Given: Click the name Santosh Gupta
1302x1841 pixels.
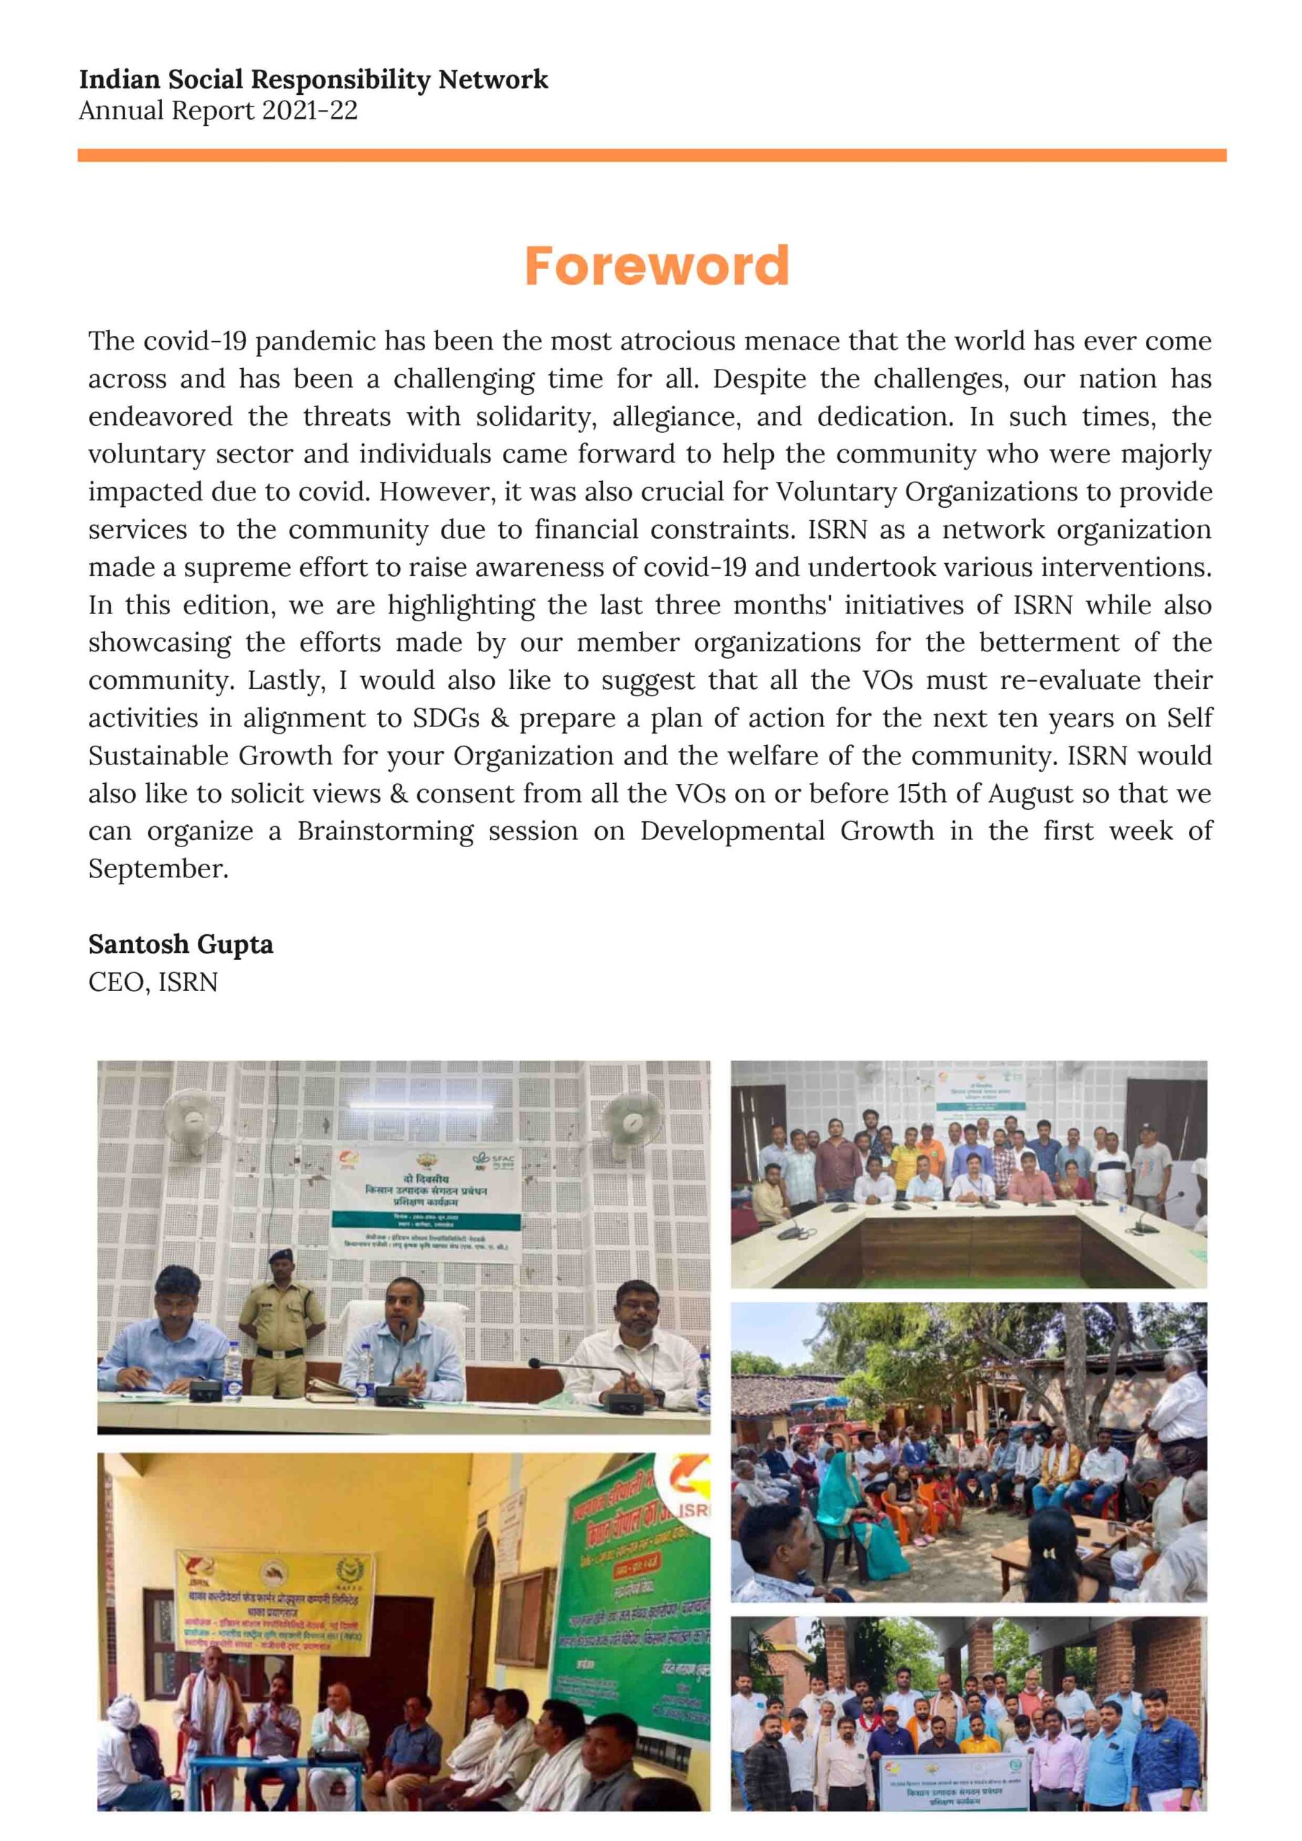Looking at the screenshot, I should click(181, 944).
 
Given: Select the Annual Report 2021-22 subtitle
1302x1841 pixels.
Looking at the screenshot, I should click(218, 111).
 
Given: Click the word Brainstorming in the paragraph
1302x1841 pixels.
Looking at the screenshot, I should click(385, 831).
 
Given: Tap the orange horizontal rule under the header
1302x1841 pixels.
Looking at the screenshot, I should click(652, 155).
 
